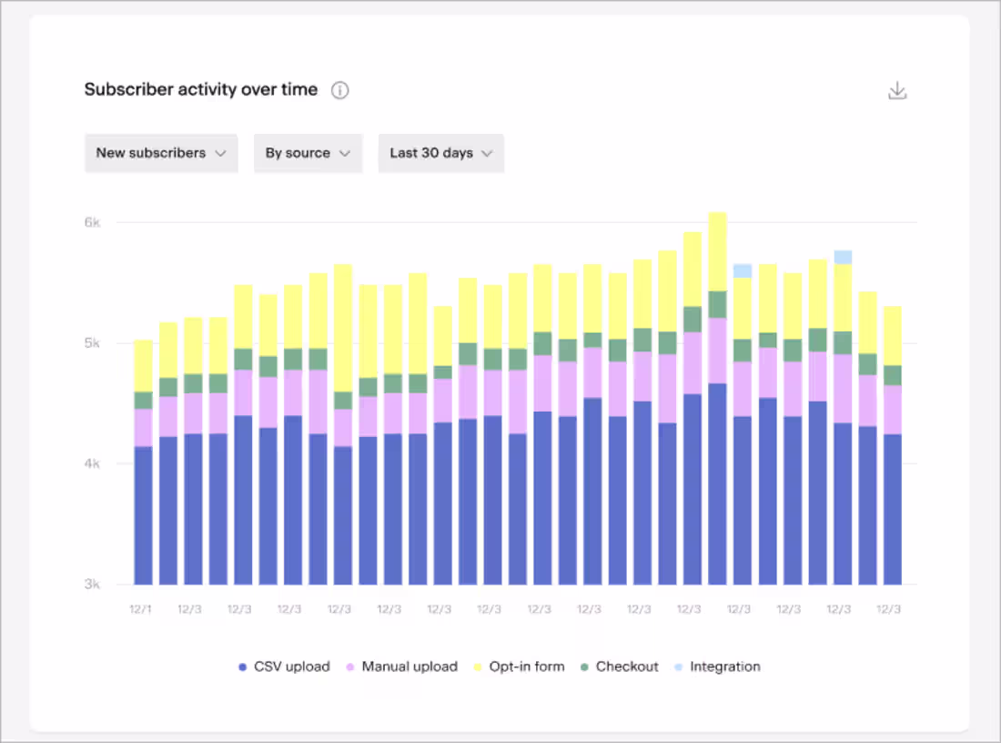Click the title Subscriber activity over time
tap(201, 89)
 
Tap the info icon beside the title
tap(339, 90)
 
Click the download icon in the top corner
tap(897, 90)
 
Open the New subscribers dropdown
tap(161, 153)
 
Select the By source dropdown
tap(308, 153)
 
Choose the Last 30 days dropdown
tap(440, 153)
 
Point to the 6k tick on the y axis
tap(93, 222)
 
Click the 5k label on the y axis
tap(93, 343)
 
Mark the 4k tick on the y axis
tap(93, 463)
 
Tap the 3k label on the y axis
tap(93, 585)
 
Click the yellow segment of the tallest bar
tap(718, 251)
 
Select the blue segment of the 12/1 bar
tap(144, 514)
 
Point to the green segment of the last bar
tap(893, 375)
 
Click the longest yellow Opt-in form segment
tap(343, 328)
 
